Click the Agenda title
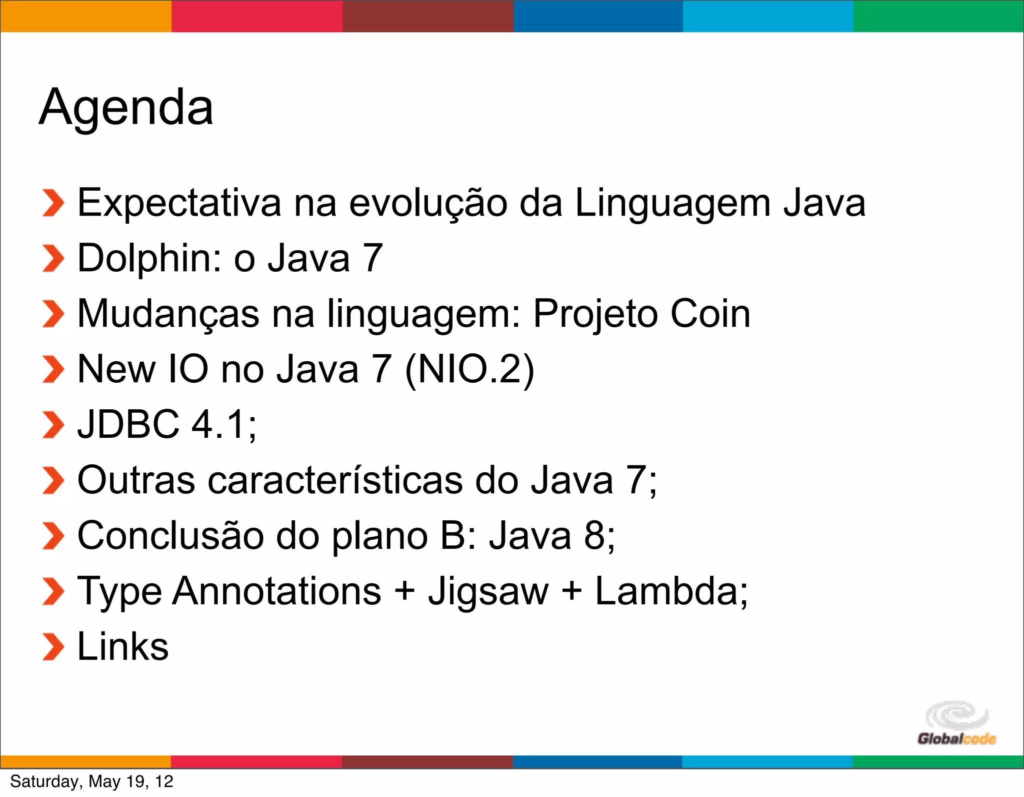tap(126, 107)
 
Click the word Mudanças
tap(168, 314)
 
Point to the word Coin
tap(710, 314)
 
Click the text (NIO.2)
tap(469, 369)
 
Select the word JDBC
tap(128, 424)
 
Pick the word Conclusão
tap(170, 535)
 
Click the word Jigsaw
tap(488, 591)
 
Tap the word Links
tap(123, 646)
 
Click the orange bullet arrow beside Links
tap(53, 646)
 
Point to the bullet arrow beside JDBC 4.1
tap(53, 425)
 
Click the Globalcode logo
tap(956, 723)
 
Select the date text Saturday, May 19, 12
tap(91, 781)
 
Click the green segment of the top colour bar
tap(938, 16)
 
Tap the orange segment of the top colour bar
tap(85, 16)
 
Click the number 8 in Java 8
tap(594, 535)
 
